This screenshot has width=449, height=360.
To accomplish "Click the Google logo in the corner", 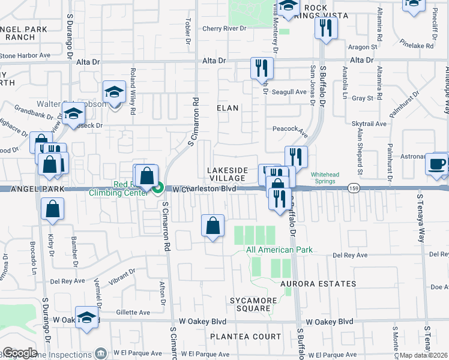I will point(20,353).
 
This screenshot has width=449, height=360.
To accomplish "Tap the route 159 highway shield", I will point(355,188).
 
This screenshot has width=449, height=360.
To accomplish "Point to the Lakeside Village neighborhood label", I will point(226,174).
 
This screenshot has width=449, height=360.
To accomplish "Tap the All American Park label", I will point(270,250).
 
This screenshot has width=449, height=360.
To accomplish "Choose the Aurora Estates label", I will point(318,283).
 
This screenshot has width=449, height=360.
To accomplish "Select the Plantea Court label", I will point(258,337).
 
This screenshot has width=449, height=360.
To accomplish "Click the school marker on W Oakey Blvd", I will point(87,319).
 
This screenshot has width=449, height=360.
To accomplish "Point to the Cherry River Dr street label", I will point(224,28).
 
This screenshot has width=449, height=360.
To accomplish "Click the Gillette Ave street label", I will point(134,313).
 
